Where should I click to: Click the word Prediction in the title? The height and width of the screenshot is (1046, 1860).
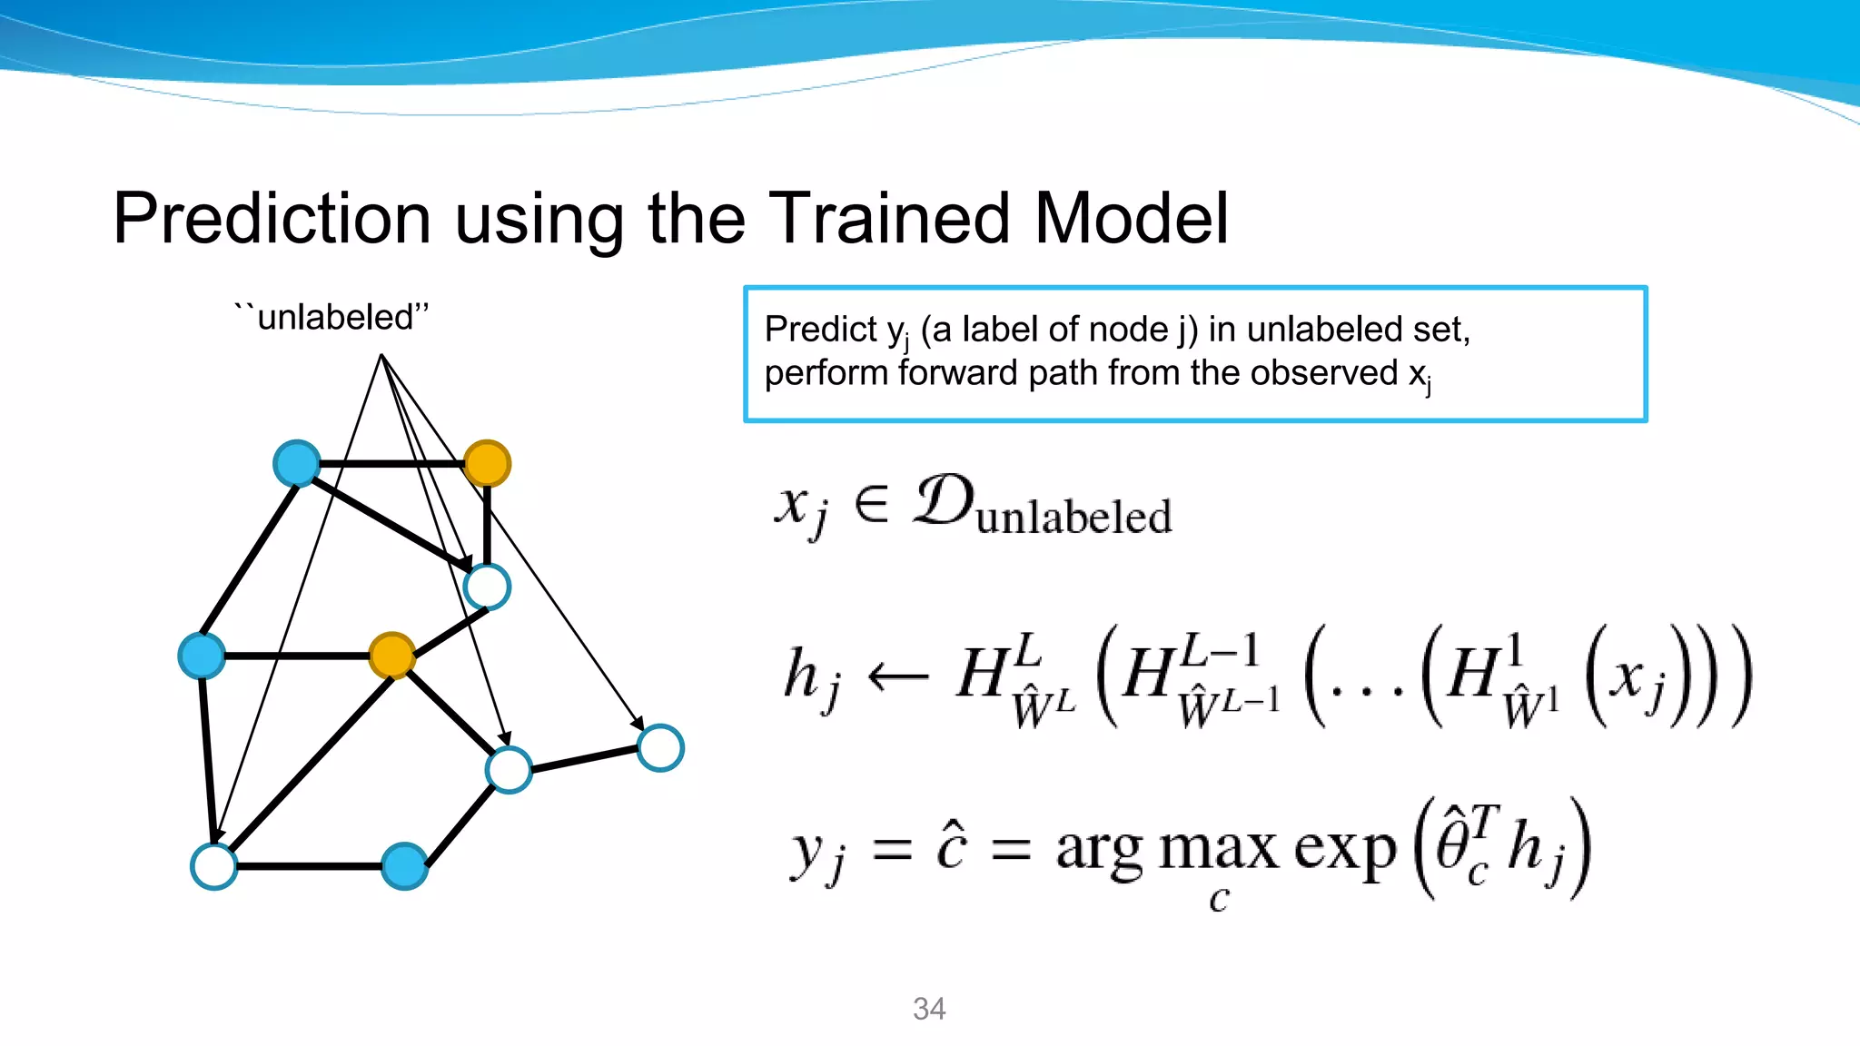[272, 219]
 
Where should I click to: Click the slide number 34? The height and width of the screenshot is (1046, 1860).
[929, 1009]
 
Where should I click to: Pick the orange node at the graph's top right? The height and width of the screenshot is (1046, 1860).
[487, 463]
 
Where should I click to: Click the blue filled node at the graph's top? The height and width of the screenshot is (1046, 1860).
[296, 463]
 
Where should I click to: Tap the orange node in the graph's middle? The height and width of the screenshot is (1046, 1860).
[392, 655]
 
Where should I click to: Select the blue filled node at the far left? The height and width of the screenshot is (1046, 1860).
[202, 656]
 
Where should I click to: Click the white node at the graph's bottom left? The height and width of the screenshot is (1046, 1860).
[214, 866]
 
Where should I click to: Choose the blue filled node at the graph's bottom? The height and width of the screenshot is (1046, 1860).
[404, 866]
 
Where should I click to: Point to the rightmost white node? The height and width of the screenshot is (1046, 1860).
[660, 748]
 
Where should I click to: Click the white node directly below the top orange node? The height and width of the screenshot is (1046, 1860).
[487, 587]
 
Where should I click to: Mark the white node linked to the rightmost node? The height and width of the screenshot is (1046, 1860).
[509, 770]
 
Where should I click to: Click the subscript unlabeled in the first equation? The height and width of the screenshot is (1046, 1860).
[1073, 518]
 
